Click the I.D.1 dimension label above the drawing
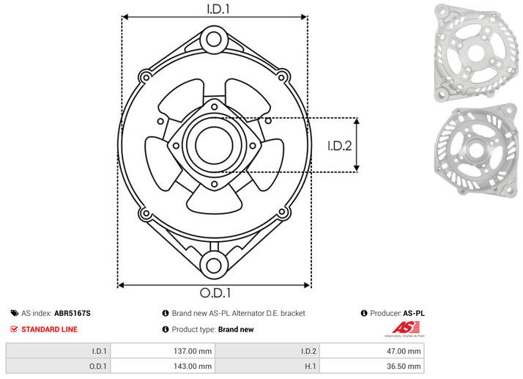215,9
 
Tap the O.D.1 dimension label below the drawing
215,293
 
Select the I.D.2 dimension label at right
340,145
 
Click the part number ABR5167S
72,313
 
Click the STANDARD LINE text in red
49,329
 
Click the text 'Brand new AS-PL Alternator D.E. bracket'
237,313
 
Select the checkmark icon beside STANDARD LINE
14,329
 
